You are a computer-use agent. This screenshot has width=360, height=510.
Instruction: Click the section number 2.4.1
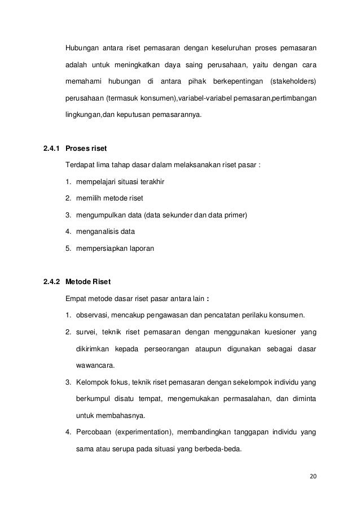tap(52, 149)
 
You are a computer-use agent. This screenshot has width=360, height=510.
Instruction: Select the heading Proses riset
tap(86, 149)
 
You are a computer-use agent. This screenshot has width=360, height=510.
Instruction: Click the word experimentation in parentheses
tap(144, 433)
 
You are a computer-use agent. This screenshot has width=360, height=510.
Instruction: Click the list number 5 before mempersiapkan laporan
tap(67, 248)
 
